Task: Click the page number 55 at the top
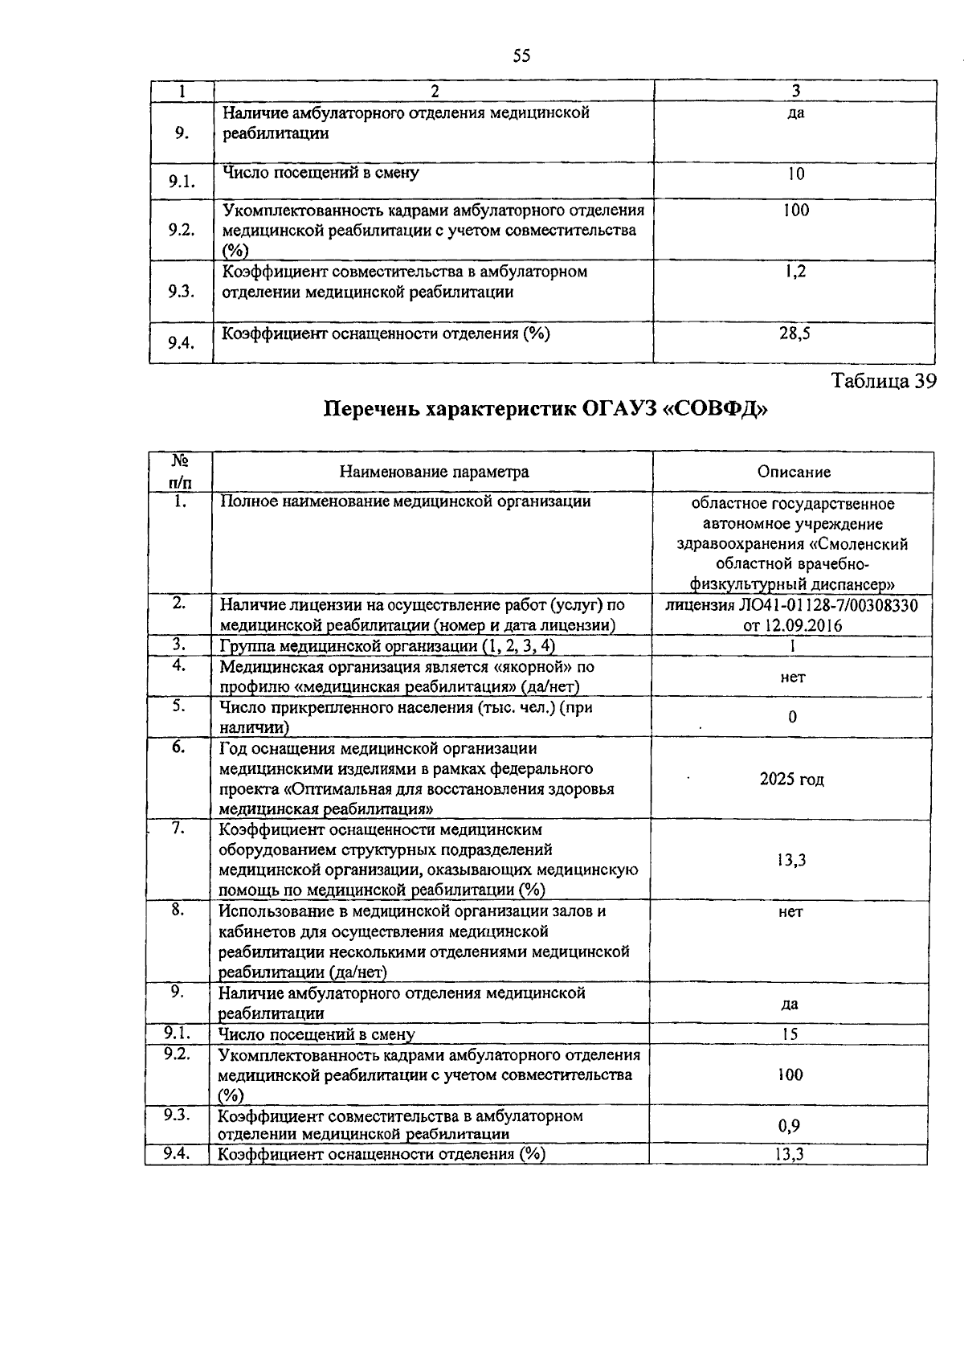(x=521, y=55)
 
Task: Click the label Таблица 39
(x=884, y=381)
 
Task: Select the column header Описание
(x=794, y=472)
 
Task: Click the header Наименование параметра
(x=434, y=472)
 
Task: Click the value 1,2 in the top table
(x=795, y=272)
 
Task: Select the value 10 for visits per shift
(x=795, y=174)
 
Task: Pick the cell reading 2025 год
(x=791, y=780)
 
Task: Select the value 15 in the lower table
(x=790, y=1034)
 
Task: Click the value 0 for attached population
(x=792, y=717)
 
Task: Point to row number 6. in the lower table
(x=178, y=747)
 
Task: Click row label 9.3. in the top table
(x=182, y=291)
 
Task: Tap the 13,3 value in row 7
(x=790, y=861)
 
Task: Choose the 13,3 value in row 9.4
(x=790, y=1155)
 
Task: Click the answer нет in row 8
(x=790, y=912)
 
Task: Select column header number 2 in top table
(x=434, y=92)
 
